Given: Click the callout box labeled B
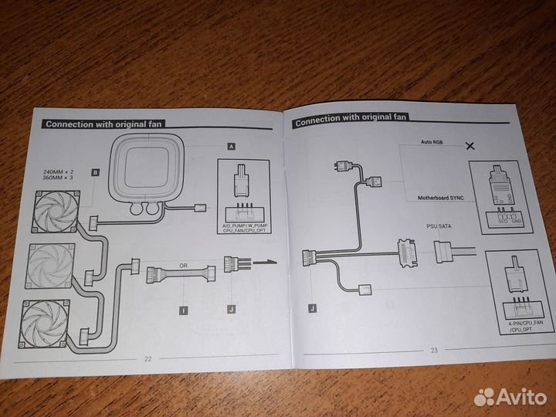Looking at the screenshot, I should tap(95, 172).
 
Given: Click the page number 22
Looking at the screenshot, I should tap(147, 358).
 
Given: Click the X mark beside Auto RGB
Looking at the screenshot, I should tap(469, 144).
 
